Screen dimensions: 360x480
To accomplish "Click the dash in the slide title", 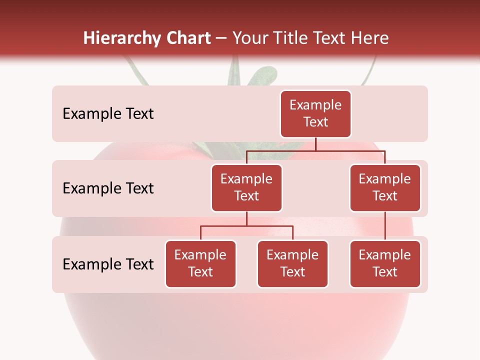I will [221, 39].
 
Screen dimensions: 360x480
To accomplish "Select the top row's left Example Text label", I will [108, 114].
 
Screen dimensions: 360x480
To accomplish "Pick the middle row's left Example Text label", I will [108, 188].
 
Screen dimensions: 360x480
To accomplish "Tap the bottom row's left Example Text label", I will [108, 264].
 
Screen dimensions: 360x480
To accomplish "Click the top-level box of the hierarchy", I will [315, 114].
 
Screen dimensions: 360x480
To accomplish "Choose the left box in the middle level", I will [246, 188].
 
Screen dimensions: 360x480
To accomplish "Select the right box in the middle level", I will [385, 188].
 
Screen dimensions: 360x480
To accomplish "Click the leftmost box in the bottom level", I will [200, 264].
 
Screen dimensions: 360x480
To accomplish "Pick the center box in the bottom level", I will [292, 264].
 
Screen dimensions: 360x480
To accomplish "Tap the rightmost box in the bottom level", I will [385, 264].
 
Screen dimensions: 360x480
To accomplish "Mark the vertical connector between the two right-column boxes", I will [385, 226].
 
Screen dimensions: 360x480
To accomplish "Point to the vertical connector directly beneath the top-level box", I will [315, 144].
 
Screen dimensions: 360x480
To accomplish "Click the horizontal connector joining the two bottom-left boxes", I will [246, 226].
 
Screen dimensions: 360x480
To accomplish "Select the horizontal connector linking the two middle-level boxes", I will [315, 150].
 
